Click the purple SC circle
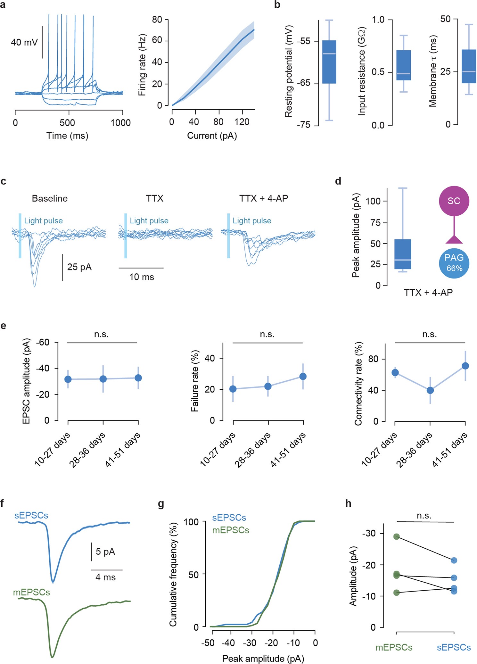(454, 201)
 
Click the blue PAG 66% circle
(454, 263)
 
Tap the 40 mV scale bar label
(24, 42)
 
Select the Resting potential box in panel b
(329, 62)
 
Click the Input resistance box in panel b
(403, 65)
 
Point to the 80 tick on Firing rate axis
(157, 20)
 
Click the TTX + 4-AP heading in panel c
(263, 198)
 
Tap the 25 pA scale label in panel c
(79, 267)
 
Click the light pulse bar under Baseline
(20, 236)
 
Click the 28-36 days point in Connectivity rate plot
(430, 390)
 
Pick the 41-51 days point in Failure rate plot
(303, 376)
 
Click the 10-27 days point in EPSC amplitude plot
(68, 379)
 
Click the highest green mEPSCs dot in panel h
(396, 536)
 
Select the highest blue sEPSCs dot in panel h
(454, 560)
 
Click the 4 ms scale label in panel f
(105, 577)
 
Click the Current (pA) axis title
(212, 136)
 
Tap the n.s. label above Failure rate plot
(267, 334)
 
